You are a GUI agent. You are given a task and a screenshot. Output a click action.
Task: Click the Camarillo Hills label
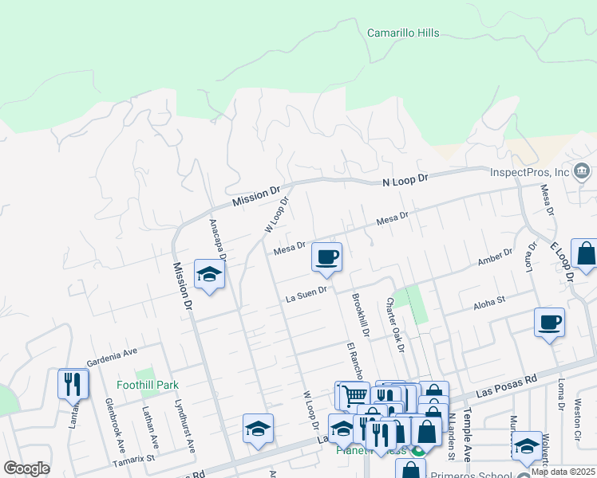[402, 33]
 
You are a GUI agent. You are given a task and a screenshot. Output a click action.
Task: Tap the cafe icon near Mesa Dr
[326, 257]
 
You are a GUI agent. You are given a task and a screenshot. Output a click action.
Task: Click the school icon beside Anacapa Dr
[209, 275]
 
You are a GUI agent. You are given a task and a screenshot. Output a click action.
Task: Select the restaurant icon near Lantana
[73, 384]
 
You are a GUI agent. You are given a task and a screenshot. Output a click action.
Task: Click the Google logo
[26, 468]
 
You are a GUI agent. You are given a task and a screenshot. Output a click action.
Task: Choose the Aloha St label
[489, 302]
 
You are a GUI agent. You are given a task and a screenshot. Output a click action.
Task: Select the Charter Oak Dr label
[395, 324]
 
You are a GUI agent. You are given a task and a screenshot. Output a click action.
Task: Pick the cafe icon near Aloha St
[549, 322]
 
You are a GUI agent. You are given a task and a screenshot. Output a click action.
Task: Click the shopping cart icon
[354, 394]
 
